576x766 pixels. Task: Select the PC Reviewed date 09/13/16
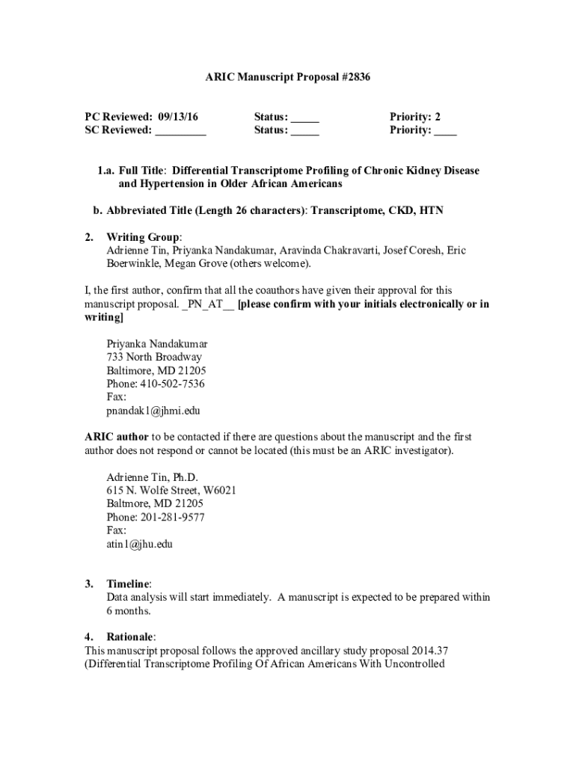point(183,117)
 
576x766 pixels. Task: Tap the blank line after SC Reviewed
point(180,131)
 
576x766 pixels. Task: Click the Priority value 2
point(438,117)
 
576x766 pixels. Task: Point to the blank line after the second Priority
point(445,131)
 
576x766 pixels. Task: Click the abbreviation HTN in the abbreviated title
point(431,210)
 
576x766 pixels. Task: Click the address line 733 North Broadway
point(153,357)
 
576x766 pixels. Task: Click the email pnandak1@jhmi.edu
point(153,411)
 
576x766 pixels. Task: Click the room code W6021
point(219,490)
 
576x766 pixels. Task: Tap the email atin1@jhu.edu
point(139,544)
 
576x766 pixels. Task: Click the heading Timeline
point(128,583)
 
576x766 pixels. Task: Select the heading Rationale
point(130,637)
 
